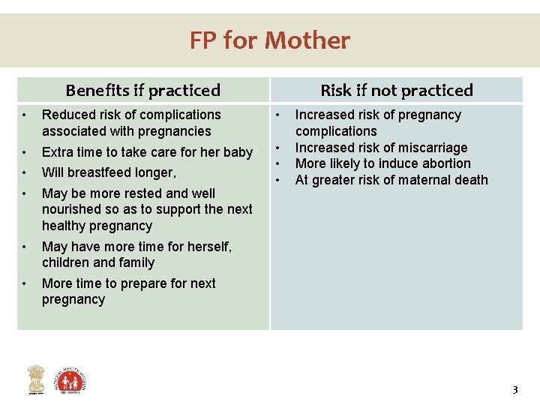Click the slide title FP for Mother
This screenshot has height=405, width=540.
(x=269, y=40)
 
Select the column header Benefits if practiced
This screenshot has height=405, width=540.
(x=142, y=91)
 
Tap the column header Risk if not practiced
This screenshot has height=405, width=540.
(x=397, y=91)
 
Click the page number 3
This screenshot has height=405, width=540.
(x=514, y=389)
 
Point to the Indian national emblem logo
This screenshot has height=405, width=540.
(x=36, y=379)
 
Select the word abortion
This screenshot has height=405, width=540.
(x=445, y=163)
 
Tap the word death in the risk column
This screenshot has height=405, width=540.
(x=470, y=180)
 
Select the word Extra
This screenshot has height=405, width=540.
(x=57, y=152)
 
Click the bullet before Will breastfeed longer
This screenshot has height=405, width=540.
(x=25, y=172)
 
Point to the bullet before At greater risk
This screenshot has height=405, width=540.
(x=278, y=180)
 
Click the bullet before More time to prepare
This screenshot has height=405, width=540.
(x=25, y=283)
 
